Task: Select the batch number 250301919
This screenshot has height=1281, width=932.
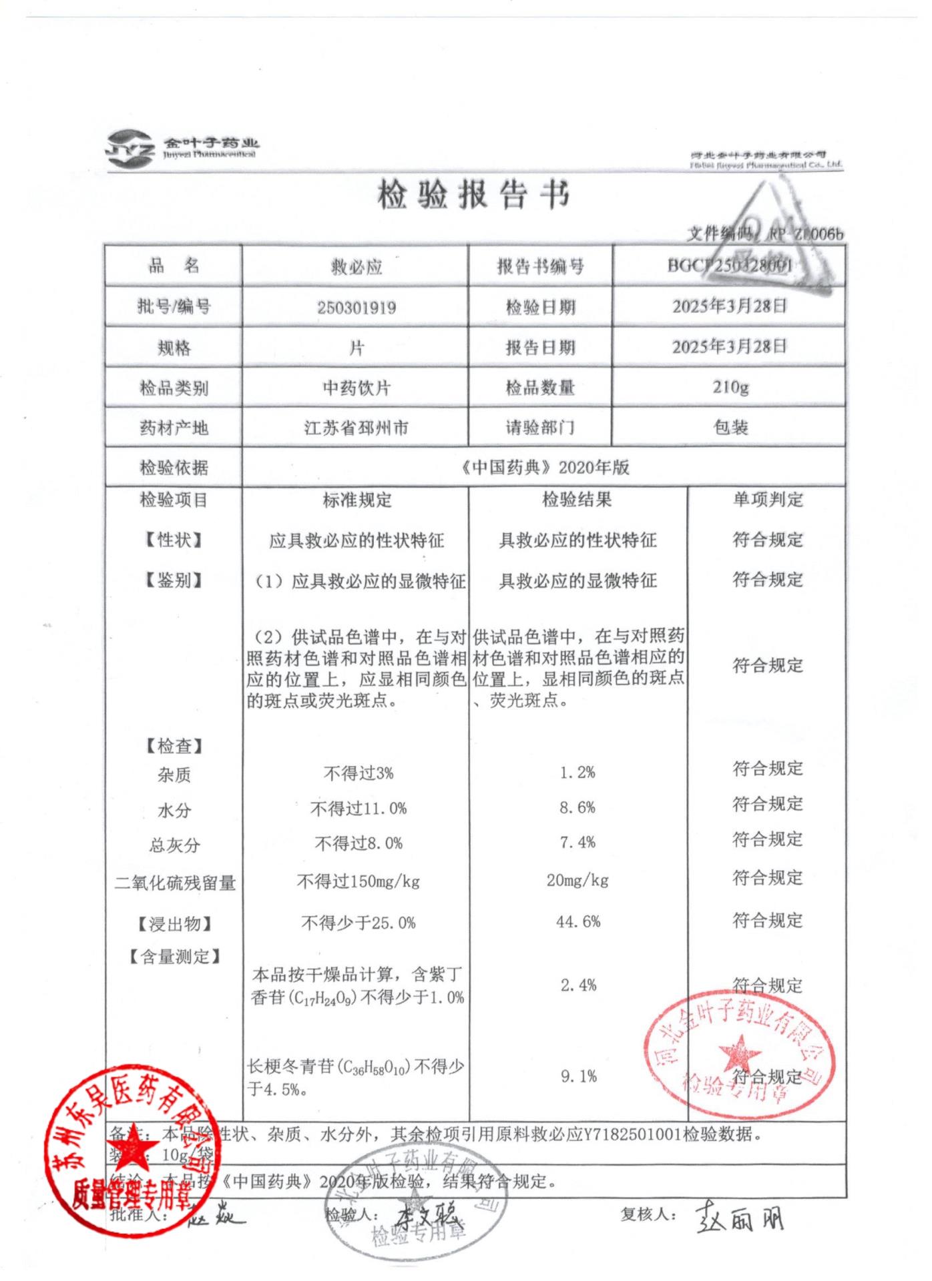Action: point(356,308)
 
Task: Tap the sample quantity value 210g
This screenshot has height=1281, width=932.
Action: point(730,387)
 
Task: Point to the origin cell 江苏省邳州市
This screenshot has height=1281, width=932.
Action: point(356,428)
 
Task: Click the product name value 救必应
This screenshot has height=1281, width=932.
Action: point(356,267)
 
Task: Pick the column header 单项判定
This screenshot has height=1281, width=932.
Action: point(767,500)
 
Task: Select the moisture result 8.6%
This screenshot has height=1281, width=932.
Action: point(577,808)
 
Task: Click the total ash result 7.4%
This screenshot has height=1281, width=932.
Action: point(577,843)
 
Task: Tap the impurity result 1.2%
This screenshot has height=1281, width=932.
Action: point(577,773)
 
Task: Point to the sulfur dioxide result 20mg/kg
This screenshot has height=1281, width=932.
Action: point(577,881)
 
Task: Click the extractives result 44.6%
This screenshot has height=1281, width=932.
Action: point(577,922)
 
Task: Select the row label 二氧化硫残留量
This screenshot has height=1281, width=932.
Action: point(175,883)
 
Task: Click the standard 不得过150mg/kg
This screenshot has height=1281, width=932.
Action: point(358,882)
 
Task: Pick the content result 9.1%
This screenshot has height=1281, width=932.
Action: point(578,1076)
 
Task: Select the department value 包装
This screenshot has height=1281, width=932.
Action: point(730,428)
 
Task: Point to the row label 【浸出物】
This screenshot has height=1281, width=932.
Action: point(175,924)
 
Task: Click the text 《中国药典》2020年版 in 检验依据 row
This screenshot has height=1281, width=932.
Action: point(544,467)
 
